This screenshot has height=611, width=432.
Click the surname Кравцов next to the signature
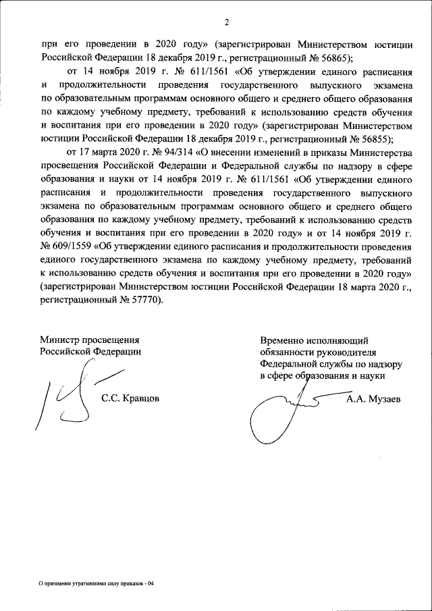pos(130,398)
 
